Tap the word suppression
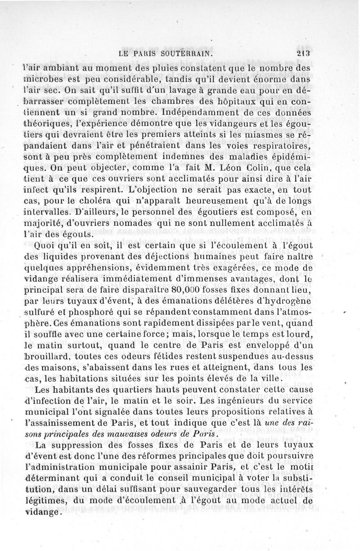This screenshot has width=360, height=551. click(x=90, y=445)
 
